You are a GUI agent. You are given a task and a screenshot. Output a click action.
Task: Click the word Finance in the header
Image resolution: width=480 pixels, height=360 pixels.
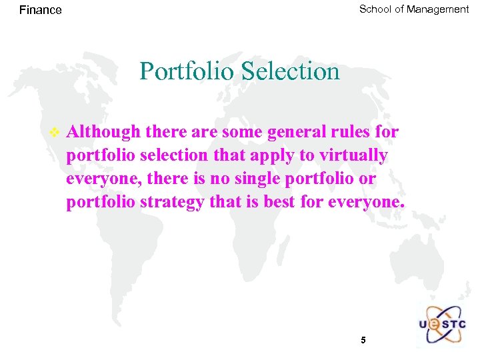click(x=41, y=10)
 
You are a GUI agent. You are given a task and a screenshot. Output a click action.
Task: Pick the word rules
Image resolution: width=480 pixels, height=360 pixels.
click(x=357, y=132)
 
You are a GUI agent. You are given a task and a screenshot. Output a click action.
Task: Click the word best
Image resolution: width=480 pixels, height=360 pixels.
click(x=279, y=203)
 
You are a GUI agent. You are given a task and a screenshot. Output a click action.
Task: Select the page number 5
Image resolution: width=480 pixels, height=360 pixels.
click(x=363, y=340)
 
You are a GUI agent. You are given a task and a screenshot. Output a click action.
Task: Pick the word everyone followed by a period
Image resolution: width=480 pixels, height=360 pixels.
click(x=366, y=203)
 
